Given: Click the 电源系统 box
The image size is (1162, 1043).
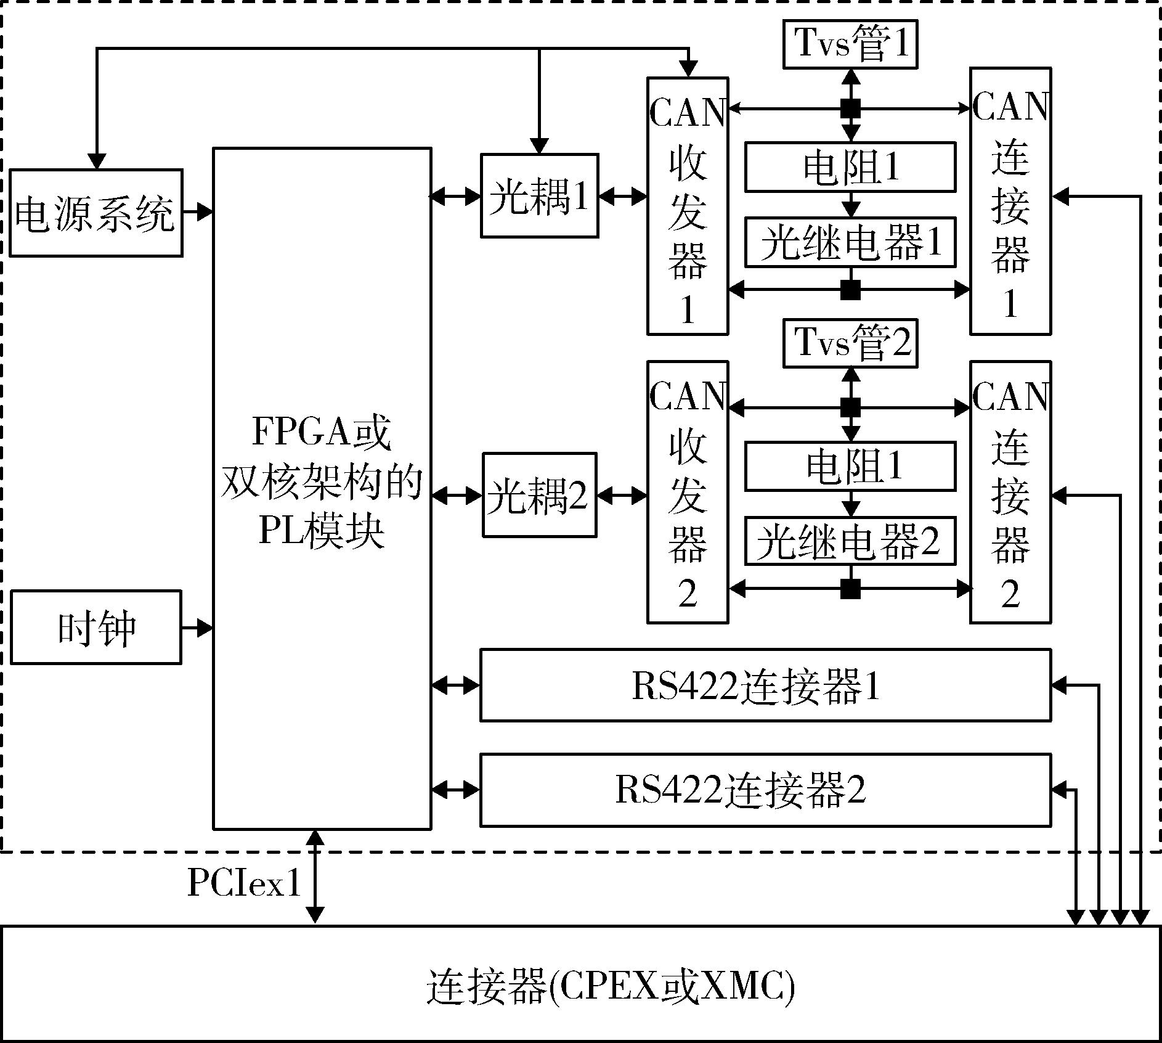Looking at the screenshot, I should (x=95, y=213).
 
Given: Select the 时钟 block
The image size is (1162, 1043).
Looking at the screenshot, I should (x=96, y=628).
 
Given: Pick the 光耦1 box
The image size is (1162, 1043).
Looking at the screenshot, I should (x=539, y=196).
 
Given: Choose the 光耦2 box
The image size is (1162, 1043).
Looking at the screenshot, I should (x=539, y=495).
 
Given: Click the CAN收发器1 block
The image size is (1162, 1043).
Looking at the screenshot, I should (x=688, y=206).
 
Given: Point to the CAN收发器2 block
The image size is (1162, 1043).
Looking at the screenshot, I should (x=688, y=492).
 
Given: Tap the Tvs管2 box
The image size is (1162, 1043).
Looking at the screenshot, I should (x=850, y=342).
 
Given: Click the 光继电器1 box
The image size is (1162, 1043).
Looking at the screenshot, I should (x=850, y=242).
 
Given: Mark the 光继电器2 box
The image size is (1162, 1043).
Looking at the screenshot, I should (x=850, y=541).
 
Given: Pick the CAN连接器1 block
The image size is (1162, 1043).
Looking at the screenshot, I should (x=1010, y=201).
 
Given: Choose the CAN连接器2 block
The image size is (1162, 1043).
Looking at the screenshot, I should (x=1010, y=492).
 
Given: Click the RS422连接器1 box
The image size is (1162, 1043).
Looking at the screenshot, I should (x=765, y=685).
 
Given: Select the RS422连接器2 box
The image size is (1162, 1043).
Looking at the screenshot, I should (x=765, y=790).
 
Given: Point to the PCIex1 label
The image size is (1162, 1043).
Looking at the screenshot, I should (x=244, y=884).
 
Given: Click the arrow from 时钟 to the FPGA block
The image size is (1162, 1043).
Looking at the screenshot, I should (x=197, y=628).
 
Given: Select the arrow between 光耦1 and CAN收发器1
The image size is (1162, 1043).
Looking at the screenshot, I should (x=622, y=197).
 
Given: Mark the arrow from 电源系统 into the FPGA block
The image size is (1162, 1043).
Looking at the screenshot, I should (x=198, y=211).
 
